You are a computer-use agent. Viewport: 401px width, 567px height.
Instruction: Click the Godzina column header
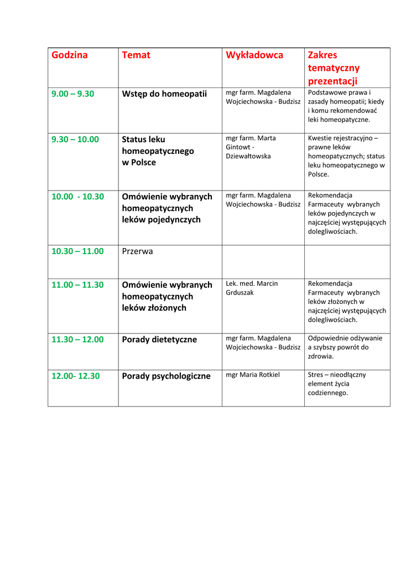tap(70, 55)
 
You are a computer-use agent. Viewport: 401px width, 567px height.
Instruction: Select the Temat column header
tap(136, 55)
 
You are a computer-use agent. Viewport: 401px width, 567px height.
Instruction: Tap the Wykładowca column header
tap(254, 55)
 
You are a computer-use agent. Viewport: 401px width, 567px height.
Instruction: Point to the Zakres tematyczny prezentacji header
tap(334, 68)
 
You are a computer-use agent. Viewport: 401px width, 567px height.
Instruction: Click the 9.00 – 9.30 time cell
tap(73, 94)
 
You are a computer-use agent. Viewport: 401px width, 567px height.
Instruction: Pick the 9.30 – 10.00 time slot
tap(75, 139)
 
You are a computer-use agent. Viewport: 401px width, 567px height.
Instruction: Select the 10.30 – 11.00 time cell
tap(77, 251)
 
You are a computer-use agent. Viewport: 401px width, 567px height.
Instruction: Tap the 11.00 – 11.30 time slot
tap(77, 285)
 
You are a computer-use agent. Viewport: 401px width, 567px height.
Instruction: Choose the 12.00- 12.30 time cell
tap(76, 376)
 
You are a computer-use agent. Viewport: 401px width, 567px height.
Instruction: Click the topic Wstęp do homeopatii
tap(164, 94)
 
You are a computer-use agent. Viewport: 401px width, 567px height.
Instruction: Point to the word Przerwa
tap(137, 251)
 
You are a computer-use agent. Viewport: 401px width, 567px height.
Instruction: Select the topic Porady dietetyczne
tap(159, 339)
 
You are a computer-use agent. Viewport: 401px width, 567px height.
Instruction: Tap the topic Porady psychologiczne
tap(166, 376)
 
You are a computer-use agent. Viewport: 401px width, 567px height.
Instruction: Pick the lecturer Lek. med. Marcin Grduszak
tap(252, 288)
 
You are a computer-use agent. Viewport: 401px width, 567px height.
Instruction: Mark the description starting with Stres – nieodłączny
tap(337, 383)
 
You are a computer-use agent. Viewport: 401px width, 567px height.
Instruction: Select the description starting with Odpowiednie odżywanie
tap(345, 347)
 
